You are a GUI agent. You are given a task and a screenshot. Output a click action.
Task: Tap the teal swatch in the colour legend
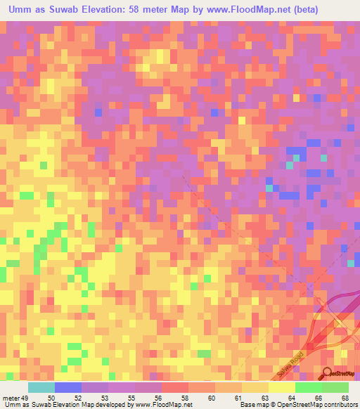pyautogui.click(x=41, y=388)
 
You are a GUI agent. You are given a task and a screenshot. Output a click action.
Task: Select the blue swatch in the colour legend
pyautogui.click(x=67, y=388)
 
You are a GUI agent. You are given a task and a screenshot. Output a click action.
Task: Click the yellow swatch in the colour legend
pyautogui.click(x=281, y=388)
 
